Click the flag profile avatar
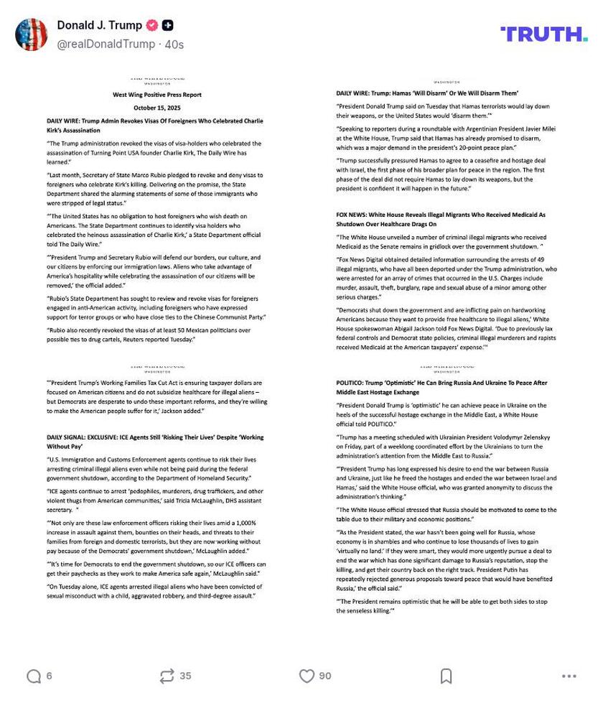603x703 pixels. click(31, 34)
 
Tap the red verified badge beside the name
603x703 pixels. click(152, 25)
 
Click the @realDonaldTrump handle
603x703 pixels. click(107, 44)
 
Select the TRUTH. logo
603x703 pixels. click(543, 34)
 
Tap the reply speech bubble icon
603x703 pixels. click(33, 676)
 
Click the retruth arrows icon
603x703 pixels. click(167, 676)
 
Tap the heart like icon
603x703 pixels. click(307, 676)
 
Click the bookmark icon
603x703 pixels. click(446, 676)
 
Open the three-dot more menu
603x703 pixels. click(569, 676)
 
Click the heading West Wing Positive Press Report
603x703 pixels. click(157, 95)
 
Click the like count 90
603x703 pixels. click(325, 676)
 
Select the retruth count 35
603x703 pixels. click(185, 676)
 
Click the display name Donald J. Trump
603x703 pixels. click(99, 25)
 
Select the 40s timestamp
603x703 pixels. click(174, 44)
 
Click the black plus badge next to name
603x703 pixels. click(167, 25)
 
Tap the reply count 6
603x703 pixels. click(49, 676)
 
